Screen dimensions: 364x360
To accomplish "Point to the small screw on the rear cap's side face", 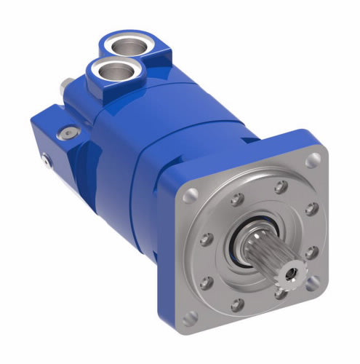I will pos(44,159).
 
